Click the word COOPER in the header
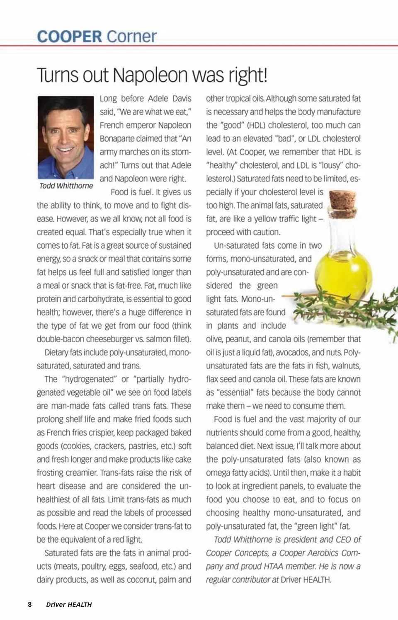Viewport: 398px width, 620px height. pyautogui.click(x=69, y=36)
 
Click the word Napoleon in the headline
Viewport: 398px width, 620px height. pyautogui.click(x=150, y=75)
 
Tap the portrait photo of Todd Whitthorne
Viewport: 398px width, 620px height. pyautogui.click(x=66, y=137)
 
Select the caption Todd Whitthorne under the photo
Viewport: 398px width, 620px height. pyautogui.click(x=66, y=186)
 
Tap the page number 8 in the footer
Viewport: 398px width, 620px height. pyautogui.click(x=29, y=604)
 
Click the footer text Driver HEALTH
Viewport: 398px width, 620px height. pyautogui.click(x=69, y=604)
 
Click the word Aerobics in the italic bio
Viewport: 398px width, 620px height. pyautogui.click(x=317, y=553)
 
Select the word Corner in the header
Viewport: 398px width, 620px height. pyautogui.click(x=131, y=36)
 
